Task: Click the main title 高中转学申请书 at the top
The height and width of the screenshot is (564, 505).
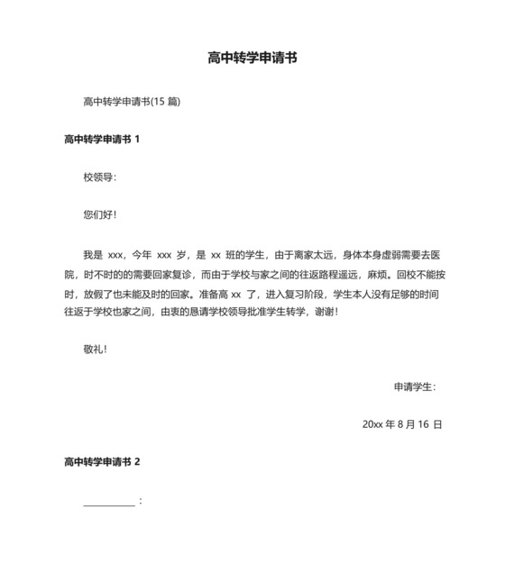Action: pyautogui.click(x=252, y=59)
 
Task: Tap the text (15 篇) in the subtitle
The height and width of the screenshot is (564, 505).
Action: pyautogui.click(x=166, y=102)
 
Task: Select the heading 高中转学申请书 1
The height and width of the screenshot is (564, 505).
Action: pyautogui.click(x=102, y=140)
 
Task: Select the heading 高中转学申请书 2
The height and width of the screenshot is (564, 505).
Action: pyautogui.click(x=102, y=462)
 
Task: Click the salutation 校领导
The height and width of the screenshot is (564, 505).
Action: pyautogui.click(x=98, y=177)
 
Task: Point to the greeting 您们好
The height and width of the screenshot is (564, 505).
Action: pyautogui.click(x=98, y=215)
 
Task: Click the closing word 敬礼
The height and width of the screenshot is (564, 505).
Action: pyautogui.click(x=94, y=349)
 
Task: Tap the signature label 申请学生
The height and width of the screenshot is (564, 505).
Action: pyautogui.click(x=413, y=387)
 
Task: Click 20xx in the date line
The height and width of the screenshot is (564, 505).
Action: pyautogui.click(x=372, y=424)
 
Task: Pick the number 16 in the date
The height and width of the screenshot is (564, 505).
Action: pyautogui.click(x=422, y=424)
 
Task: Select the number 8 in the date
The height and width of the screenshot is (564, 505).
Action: pyautogui.click(x=400, y=424)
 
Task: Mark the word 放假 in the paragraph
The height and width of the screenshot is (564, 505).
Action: pyautogui.click(x=92, y=292)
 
